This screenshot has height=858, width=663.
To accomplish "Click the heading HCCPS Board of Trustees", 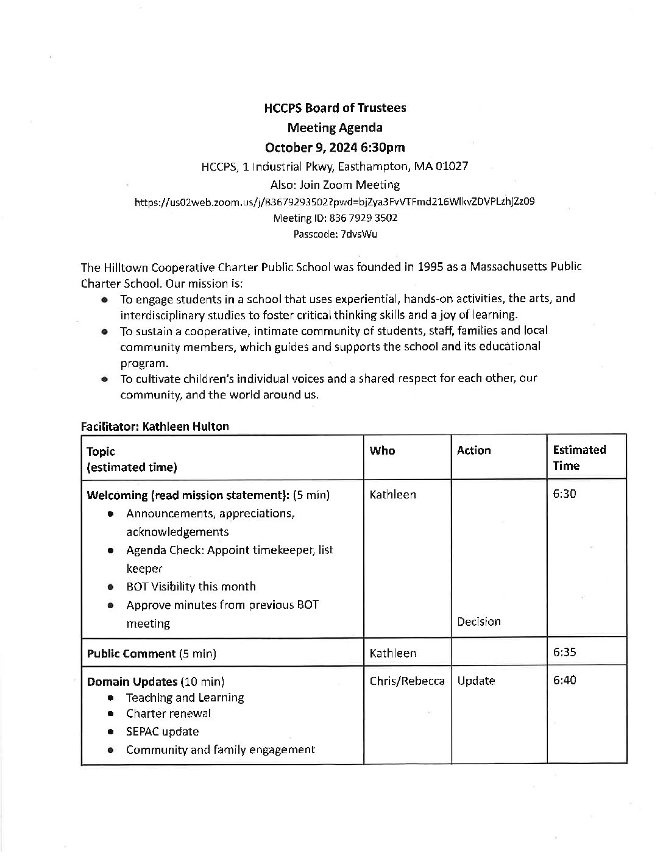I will pyautogui.click(x=335, y=108).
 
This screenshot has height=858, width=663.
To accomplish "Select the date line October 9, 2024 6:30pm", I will pyautogui.click(x=335, y=147).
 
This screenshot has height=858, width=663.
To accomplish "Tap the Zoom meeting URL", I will pyautogui.click(x=335, y=201).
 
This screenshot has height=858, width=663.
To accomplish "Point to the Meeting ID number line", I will pyautogui.click(x=335, y=218).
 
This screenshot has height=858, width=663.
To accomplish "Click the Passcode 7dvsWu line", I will pyautogui.click(x=335, y=233).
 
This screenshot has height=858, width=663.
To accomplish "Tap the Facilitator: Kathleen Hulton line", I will pyautogui.click(x=155, y=427).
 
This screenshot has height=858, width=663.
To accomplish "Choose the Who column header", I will pyautogui.click(x=382, y=451).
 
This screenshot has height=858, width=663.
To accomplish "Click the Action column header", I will pyautogui.click(x=473, y=451).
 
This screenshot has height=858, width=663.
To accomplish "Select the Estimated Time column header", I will pyautogui.click(x=579, y=458).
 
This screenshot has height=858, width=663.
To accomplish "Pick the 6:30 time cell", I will pyautogui.click(x=564, y=494).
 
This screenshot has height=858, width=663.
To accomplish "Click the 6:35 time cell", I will pyautogui.click(x=564, y=653).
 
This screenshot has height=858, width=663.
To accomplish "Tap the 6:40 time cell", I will pyautogui.click(x=564, y=680).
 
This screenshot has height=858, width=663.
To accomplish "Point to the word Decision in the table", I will pyautogui.click(x=478, y=622).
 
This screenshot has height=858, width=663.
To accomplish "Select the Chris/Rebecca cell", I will pyautogui.click(x=406, y=681).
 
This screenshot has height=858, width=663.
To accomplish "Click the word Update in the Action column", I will pyautogui.click(x=475, y=681).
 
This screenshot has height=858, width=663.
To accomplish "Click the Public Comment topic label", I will pyautogui.click(x=131, y=654).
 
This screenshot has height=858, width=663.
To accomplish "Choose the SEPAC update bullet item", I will pyautogui.click(x=162, y=731).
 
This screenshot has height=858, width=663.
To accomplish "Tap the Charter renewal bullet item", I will pyautogui.click(x=168, y=713).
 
